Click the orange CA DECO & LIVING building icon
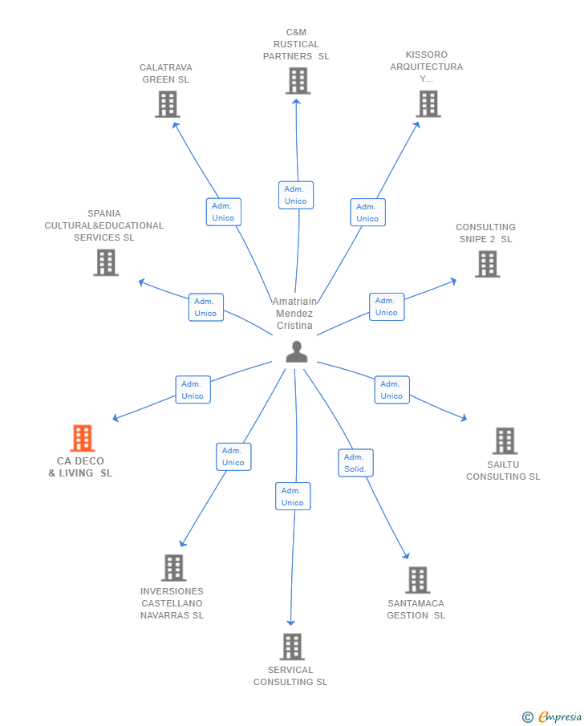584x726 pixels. coord(83,437)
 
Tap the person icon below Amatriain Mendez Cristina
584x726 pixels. coord(296,352)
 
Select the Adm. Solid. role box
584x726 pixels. coord(355,463)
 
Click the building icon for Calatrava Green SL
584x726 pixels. coord(167,104)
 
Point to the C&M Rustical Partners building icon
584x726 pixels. coord(298,80)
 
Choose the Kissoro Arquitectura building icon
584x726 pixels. coord(428,103)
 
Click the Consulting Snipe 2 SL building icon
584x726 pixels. coord(488,264)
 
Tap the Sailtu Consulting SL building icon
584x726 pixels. coord(505,440)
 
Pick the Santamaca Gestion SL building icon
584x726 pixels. coord(418,580)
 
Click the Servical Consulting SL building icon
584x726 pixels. coord(292,647)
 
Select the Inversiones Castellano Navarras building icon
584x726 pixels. coord(173,568)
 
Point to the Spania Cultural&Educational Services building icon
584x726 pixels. coord(106,262)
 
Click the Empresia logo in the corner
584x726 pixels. coord(552,716)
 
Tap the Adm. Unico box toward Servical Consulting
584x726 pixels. coord(293,497)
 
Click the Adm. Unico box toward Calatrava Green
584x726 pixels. coord(224,212)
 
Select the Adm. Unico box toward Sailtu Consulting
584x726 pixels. coord(391,390)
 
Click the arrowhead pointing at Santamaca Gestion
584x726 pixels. coord(406,556)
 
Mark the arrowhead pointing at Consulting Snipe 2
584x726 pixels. coord(453,281)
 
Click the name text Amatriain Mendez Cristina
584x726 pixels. coord(294,314)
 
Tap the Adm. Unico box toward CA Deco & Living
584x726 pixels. coord(193,390)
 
